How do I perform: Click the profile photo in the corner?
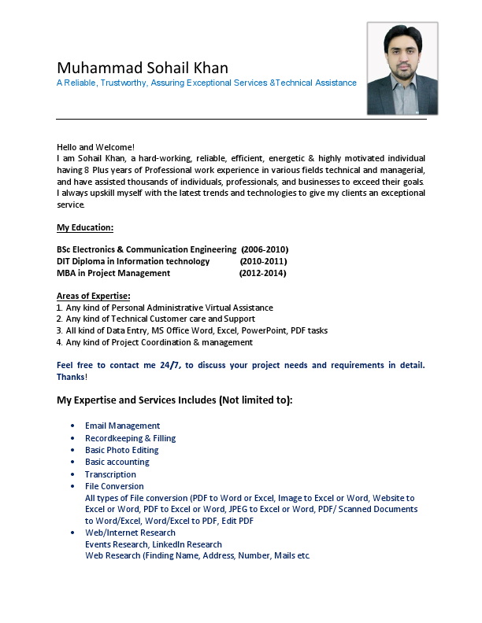click(x=402, y=68)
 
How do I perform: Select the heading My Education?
click(x=85, y=227)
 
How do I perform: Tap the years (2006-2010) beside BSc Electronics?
click(x=265, y=249)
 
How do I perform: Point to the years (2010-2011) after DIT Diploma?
click(x=263, y=261)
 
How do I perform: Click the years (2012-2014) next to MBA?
click(x=262, y=273)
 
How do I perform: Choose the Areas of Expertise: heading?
click(x=94, y=296)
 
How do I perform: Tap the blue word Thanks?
click(x=71, y=377)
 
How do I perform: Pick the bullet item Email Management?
click(x=122, y=426)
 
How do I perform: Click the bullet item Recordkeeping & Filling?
click(x=130, y=438)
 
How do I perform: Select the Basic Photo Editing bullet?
click(x=121, y=450)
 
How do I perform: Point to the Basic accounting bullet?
click(x=117, y=462)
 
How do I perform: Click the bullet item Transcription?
click(x=110, y=474)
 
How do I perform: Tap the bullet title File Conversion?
click(x=114, y=486)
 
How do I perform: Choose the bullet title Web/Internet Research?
click(x=130, y=533)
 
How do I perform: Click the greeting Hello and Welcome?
click(x=95, y=147)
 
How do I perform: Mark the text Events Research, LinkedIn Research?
click(x=153, y=544)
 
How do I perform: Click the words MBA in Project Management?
click(x=113, y=273)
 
